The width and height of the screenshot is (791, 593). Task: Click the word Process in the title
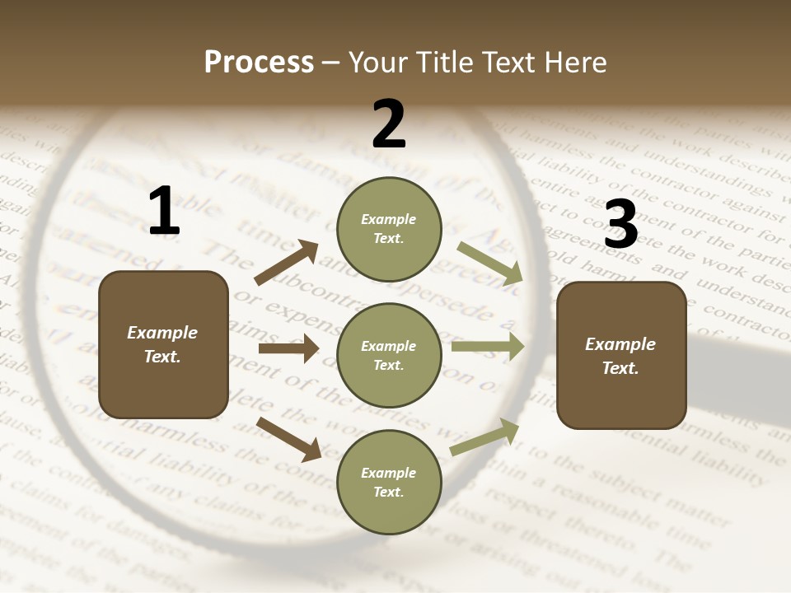click(x=259, y=63)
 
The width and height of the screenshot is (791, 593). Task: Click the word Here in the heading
click(x=576, y=63)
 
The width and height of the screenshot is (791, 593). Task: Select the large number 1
click(x=164, y=212)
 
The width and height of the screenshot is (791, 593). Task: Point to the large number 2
click(x=389, y=124)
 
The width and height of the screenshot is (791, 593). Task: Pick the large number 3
click(x=620, y=225)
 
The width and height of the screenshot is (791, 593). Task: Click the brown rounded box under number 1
click(x=163, y=344)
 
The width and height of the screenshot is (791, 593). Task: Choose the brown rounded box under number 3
click(x=621, y=356)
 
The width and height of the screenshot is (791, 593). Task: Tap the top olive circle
click(x=389, y=229)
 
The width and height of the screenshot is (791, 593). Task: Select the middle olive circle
click(x=389, y=356)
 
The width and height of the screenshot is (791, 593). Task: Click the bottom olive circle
click(x=389, y=483)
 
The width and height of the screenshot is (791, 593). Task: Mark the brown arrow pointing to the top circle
click(x=287, y=263)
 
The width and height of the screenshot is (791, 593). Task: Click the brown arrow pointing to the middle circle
click(x=288, y=348)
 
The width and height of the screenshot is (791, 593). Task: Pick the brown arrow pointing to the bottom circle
click(x=289, y=438)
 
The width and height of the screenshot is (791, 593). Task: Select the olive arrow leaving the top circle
click(x=490, y=263)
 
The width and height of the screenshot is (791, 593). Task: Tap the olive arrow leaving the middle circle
click(x=488, y=347)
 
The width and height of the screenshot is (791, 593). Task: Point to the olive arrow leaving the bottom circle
click(x=485, y=437)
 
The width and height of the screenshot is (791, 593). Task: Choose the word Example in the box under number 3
click(x=620, y=344)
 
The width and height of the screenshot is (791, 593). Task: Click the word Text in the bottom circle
click(x=387, y=492)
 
